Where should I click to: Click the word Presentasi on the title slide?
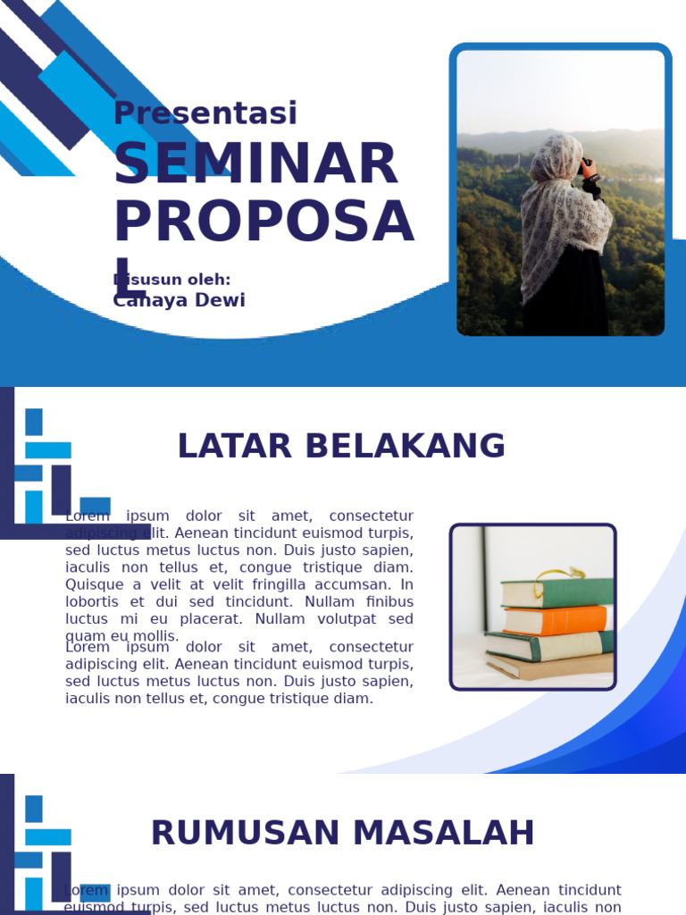(x=205, y=113)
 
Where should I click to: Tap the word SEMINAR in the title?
(x=255, y=164)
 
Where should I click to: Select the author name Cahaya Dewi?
(x=179, y=300)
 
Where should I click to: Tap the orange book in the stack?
(x=556, y=619)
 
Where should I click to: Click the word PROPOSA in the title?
(x=264, y=222)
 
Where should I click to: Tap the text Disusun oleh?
(x=171, y=280)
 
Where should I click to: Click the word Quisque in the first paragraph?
(x=92, y=584)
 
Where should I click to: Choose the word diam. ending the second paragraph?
(x=355, y=699)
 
